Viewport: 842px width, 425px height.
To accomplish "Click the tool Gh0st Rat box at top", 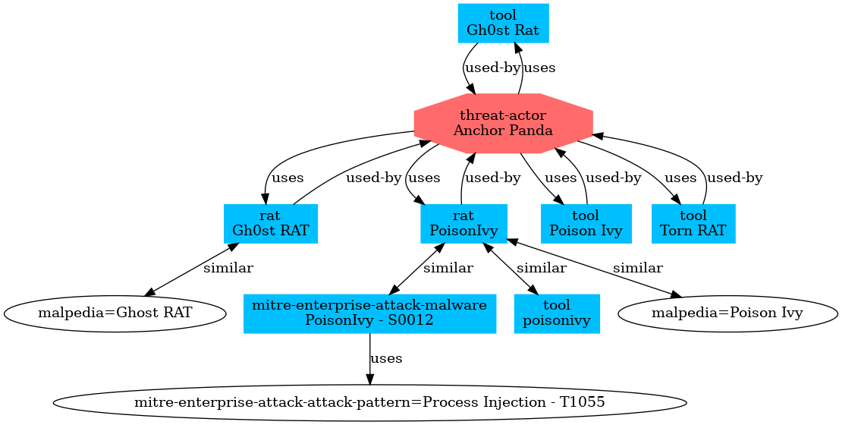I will pos(503,24).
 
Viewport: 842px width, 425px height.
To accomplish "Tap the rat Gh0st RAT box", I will pos(270,224).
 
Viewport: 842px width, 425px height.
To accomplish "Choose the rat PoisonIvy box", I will pos(463,224).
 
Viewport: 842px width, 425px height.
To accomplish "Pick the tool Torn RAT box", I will pos(693,224).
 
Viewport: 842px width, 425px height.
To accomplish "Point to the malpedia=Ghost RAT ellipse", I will pos(115,313).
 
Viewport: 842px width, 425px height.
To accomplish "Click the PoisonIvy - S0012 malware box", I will pos(369,313).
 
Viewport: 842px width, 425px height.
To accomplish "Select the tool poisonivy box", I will pos(557,313).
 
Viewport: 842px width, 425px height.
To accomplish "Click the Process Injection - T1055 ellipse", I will pos(369,401).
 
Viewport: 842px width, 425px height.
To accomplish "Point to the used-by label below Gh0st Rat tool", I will pos(492,68).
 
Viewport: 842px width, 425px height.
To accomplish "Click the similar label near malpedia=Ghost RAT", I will pos(228,268).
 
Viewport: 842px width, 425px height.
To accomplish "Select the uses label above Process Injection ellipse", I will pos(386,358).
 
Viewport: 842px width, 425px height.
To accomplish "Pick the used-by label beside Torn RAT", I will pos(734,178).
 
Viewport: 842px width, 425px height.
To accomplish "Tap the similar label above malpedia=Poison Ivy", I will pos(637,268).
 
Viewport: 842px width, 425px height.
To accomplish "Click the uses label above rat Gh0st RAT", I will pos(287,178).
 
